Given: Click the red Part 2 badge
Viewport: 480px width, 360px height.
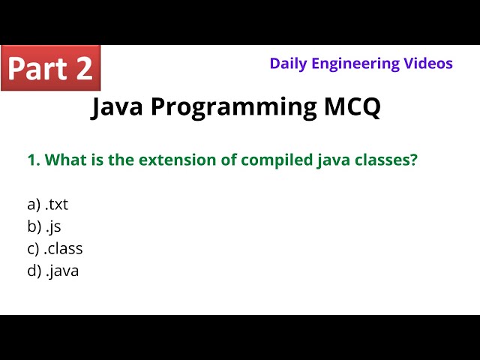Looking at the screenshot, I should pyautogui.click(x=50, y=67).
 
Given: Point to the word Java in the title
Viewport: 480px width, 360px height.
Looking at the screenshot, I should pyautogui.click(x=118, y=107).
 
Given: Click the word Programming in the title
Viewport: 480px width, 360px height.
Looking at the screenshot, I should pyautogui.click(x=234, y=107).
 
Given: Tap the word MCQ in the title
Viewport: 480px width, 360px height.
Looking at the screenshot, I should pyautogui.click(x=352, y=107).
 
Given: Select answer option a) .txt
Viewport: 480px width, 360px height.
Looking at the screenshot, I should pyautogui.click(x=47, y=204).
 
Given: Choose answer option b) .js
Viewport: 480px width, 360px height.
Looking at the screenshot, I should pyautogui.click(x=43, y=226).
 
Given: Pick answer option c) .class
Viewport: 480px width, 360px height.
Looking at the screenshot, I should pyautogui.click(x=55, y=248).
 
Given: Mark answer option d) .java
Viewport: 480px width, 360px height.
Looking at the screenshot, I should pyautogui.click(x=52, y=271).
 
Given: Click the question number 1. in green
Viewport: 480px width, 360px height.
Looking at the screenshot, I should pyautogui.click(x=33, y=160).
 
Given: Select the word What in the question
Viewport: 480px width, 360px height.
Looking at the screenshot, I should pyautogui.click(x=63, y=160).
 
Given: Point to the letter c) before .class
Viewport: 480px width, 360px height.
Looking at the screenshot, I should pyautogui.click(x=34, y=248).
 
